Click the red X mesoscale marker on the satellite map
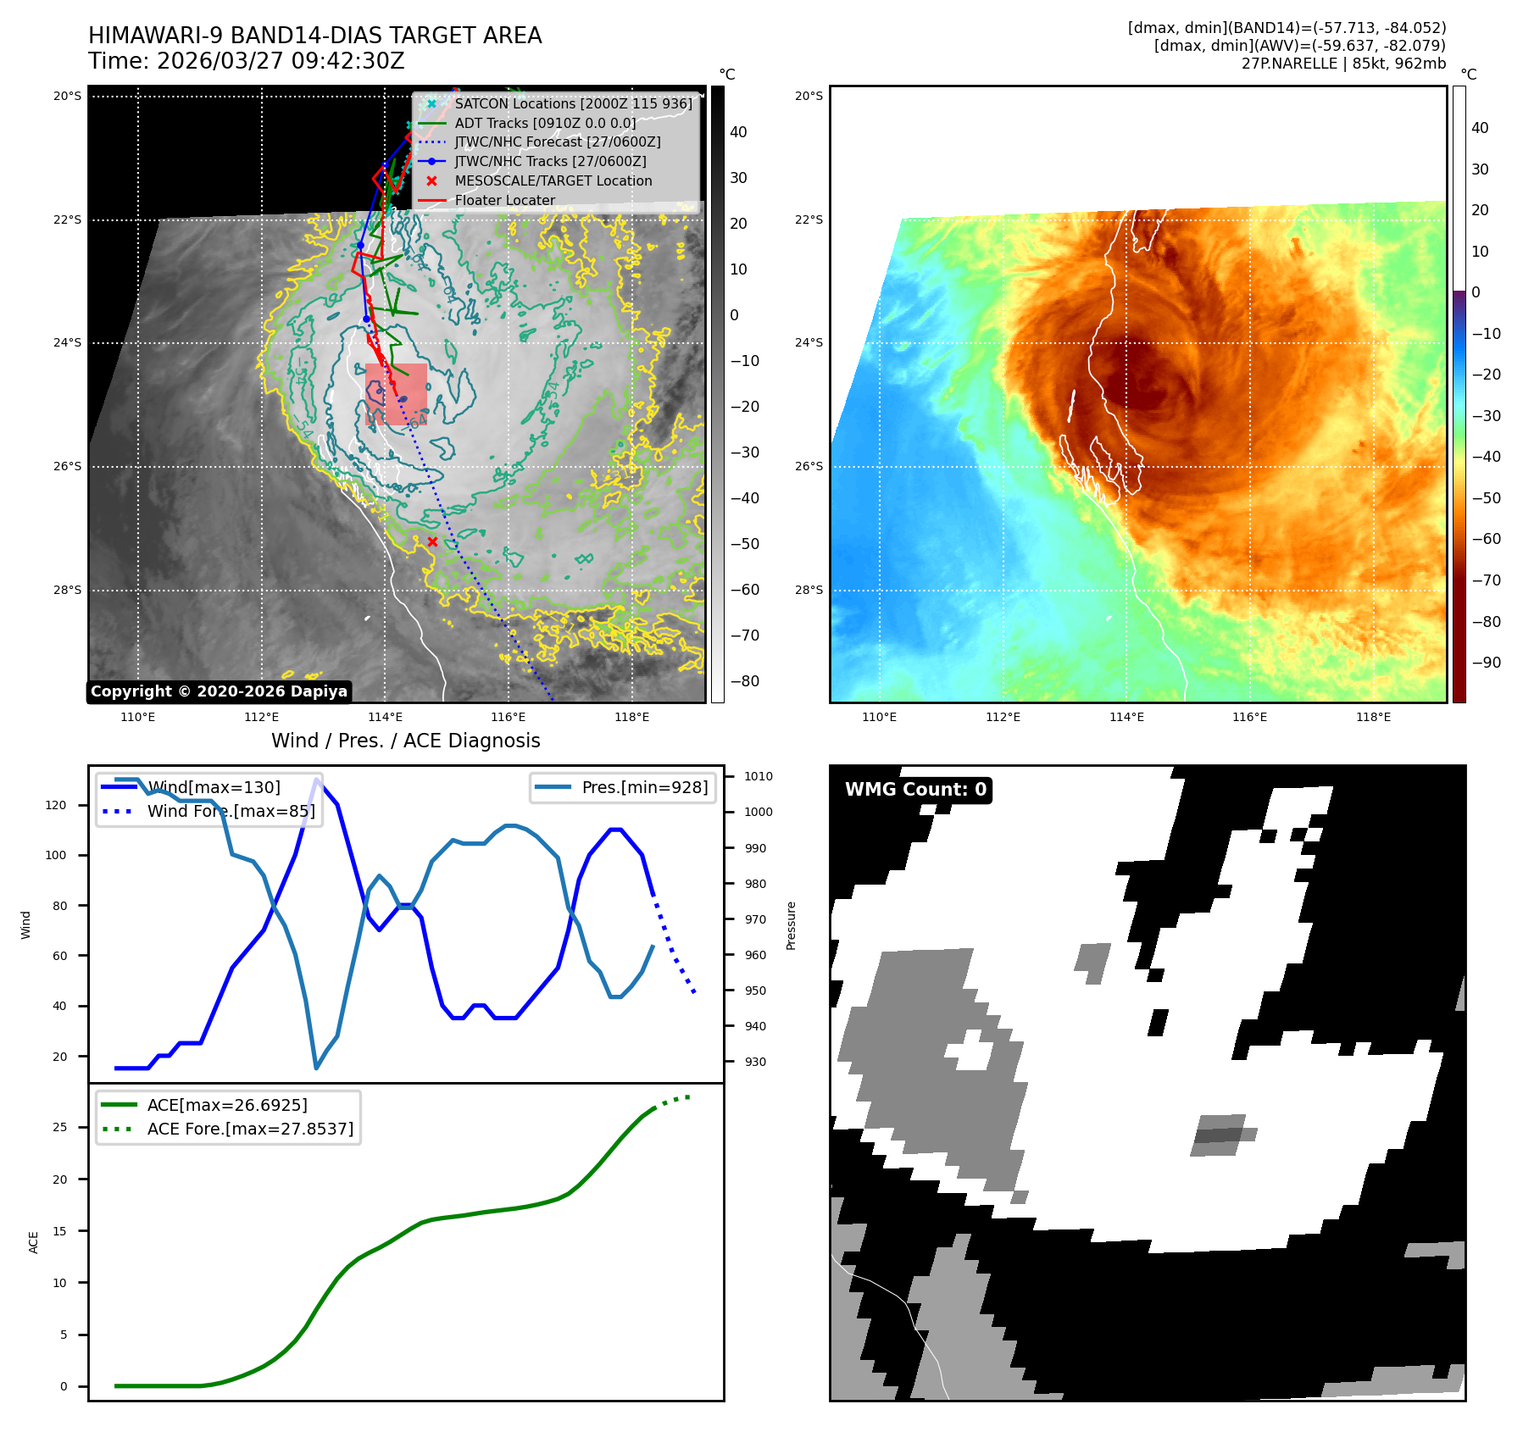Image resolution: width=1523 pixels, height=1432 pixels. pos(432,541)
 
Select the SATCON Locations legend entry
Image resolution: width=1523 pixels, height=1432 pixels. pos(572,103)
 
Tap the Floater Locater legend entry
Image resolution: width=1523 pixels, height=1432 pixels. pos(504,200)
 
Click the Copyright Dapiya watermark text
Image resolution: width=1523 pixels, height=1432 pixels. pos(219,691)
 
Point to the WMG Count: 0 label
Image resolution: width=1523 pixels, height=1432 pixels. pos(915,790)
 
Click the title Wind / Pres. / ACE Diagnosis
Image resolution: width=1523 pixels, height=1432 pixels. pos(405,741)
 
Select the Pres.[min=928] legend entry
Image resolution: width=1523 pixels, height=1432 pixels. pos(644,787)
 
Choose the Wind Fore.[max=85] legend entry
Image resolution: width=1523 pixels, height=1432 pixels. pos(231,811)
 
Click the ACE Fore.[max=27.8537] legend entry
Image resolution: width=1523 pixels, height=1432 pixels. pos(250,1129)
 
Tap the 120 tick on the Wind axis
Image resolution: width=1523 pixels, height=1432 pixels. pos(56,805)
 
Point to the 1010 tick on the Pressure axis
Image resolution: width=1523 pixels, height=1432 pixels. pos(759,776)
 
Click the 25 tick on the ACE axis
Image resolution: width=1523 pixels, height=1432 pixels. pos(59,1127)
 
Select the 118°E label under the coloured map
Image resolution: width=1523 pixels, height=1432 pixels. pos(1373,717)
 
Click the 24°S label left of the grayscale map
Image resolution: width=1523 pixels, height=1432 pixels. pos(67,342)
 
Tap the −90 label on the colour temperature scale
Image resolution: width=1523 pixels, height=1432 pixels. pos(1486,663)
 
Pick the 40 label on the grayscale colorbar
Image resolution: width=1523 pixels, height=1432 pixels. pos(738,132)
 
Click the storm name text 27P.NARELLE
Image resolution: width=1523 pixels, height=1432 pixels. pos(1289,64)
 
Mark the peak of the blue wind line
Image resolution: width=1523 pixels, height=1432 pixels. pos(316,780)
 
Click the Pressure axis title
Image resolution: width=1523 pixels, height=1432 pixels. pos(791,925)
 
